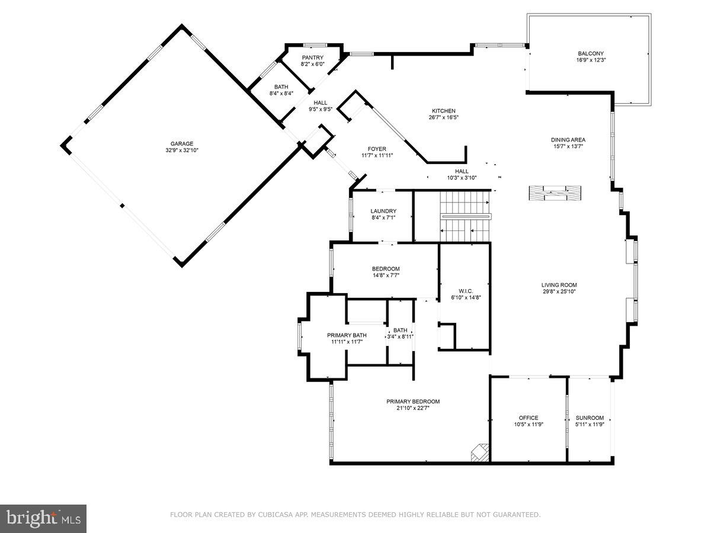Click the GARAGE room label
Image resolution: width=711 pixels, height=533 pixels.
(182, 143)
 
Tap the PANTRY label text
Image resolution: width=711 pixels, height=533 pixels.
(312, 57)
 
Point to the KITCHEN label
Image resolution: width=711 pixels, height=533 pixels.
(443, 111)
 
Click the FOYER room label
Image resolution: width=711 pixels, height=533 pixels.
(377, 149)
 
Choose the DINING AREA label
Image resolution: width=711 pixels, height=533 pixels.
(568, 140)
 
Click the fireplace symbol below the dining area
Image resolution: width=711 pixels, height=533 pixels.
(555, 193)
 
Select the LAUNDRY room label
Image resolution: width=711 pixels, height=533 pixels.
(383, 211)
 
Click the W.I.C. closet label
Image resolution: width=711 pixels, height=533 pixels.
(465, 291)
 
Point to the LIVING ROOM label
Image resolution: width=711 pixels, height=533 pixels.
(559, 285)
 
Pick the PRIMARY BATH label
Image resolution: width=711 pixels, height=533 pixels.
(347, 335)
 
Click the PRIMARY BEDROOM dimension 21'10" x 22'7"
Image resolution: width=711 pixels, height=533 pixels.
(413, 407)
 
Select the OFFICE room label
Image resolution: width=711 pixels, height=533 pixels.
(529, 418)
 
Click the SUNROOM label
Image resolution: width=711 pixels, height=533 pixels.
(590, 418)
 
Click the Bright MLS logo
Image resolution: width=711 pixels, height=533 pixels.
(43, 518)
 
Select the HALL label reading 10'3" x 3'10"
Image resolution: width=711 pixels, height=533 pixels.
(462, 178)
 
